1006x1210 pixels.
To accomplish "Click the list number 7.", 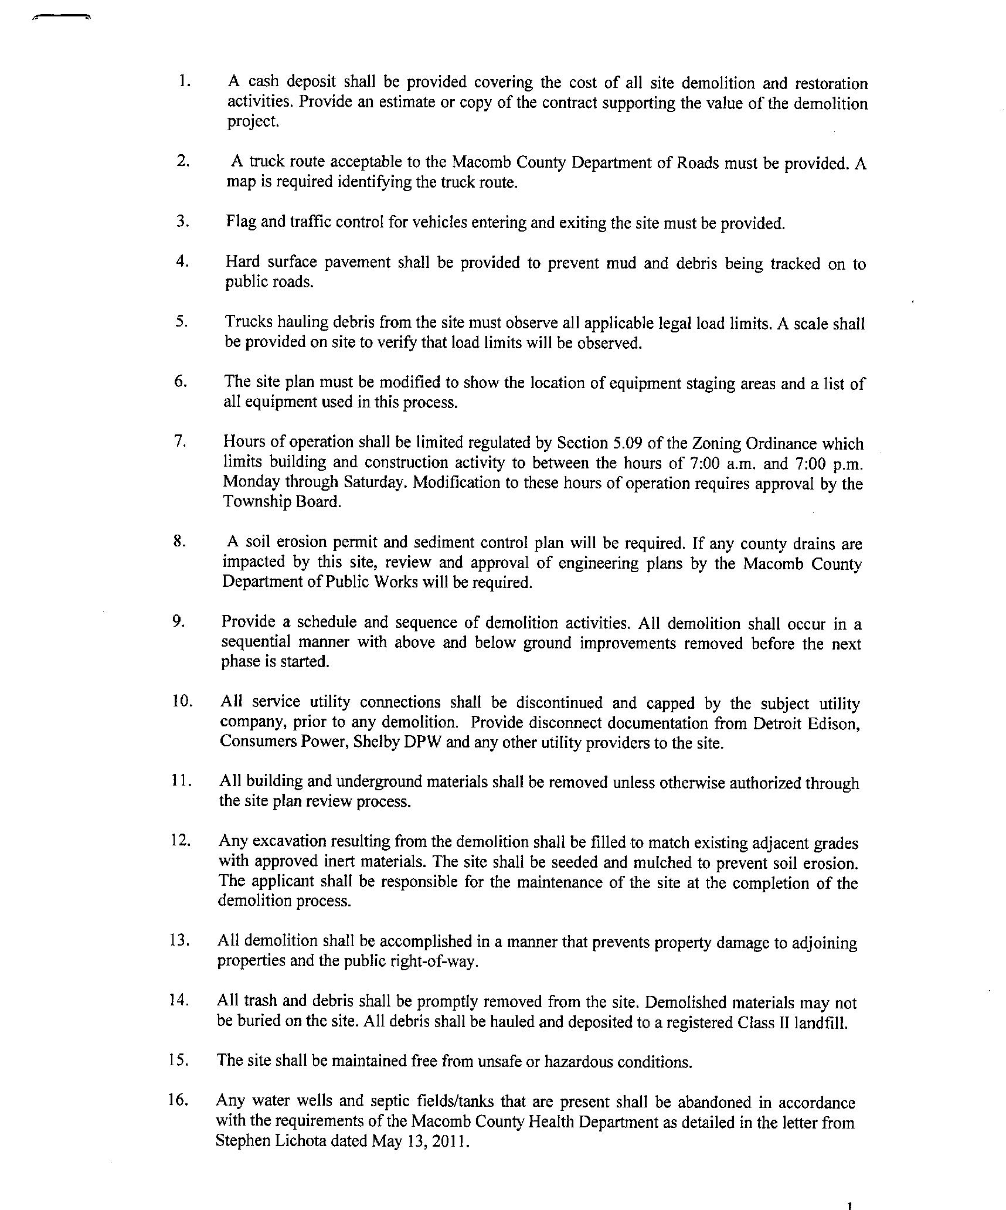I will [180, 440].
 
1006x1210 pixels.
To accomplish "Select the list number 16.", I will [178, 1100].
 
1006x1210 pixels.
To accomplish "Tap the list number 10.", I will [182, 701].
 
